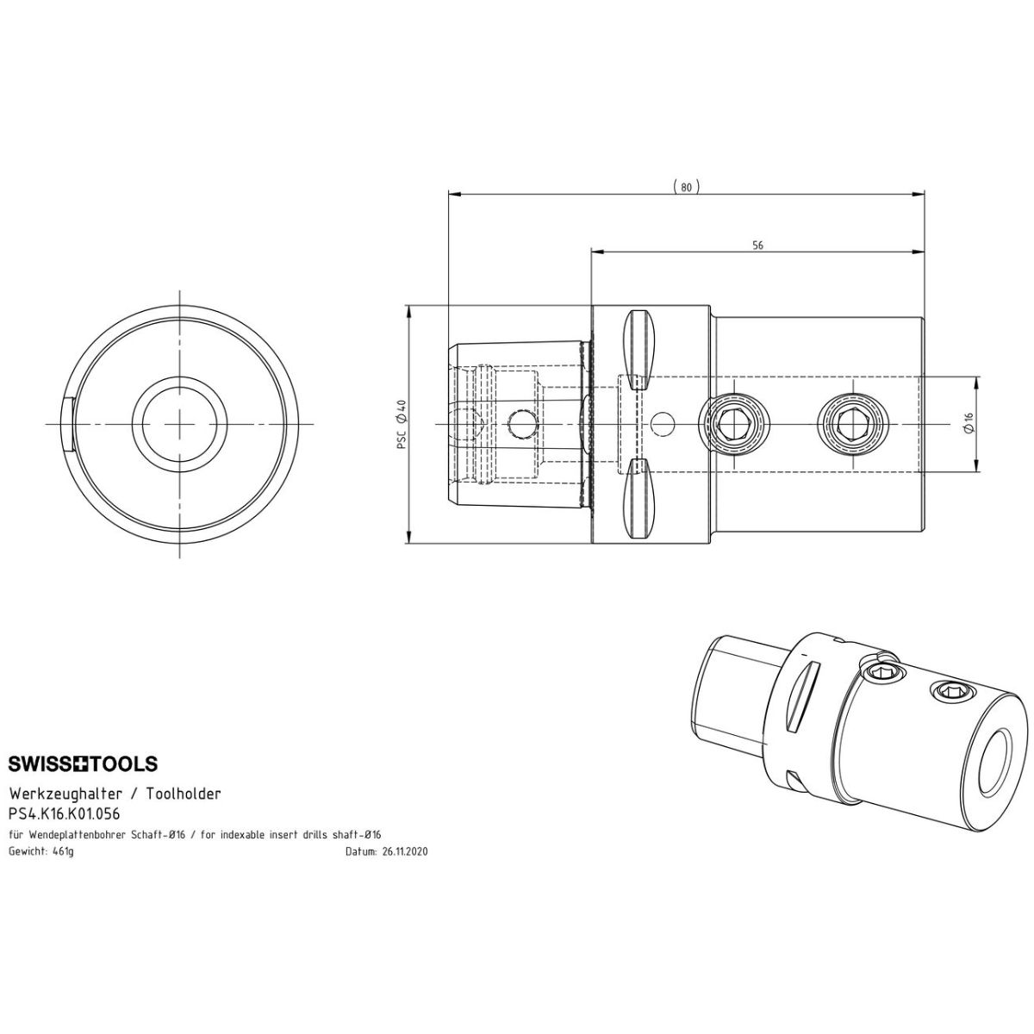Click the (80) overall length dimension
(x=686, y=187)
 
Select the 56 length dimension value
(x=757, y=246)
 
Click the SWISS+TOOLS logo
(x=84, y=763)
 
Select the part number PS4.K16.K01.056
(x=65, y=814)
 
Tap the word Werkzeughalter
(x=66, y=794)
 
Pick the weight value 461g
(x=63, y=851)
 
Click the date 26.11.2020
(x=405, y=851)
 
